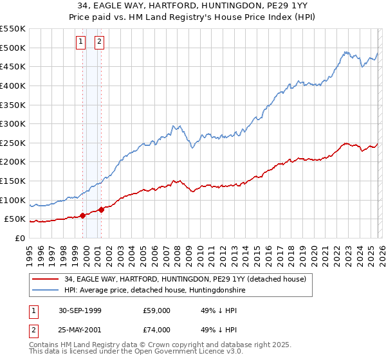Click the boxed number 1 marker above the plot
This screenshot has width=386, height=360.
(x=81, y=42)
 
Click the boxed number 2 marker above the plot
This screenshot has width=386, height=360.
(x=100, y=42)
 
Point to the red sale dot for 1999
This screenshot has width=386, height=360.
(x=83, y=216)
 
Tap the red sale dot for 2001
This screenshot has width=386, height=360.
(x=102, y=210)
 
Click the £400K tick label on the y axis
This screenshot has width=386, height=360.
(x=13, y=85)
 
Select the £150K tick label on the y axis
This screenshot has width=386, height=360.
(x=13, y=181)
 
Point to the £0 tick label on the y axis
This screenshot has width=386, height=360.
(x=21, y=238)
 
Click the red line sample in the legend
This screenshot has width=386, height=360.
(x=46, y=279)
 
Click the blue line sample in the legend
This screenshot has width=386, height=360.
(x=46, y=291)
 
